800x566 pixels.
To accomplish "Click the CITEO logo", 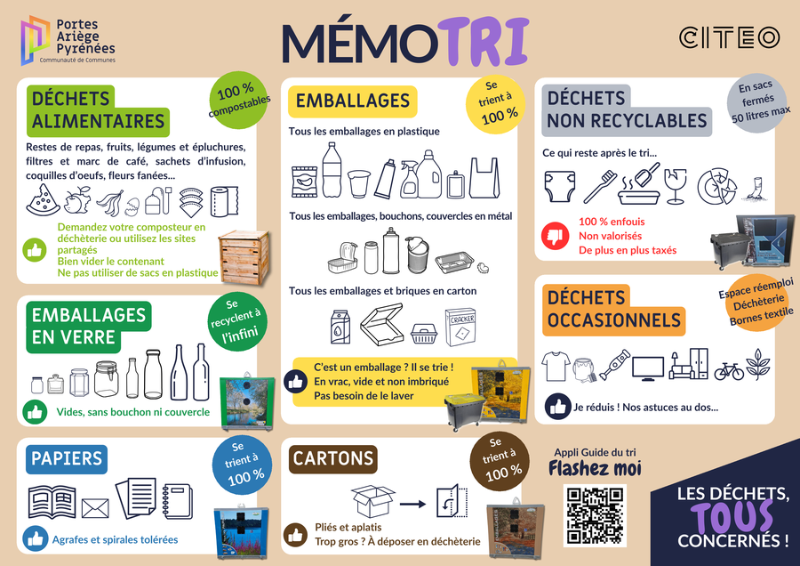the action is [729, 37].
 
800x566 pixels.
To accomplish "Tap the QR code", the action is [595, 515].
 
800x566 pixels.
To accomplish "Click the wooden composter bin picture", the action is [244, 257].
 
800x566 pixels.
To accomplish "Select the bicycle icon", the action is [729, 370].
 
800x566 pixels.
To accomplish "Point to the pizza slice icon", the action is [43, 199].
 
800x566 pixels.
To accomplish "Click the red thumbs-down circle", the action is [555, 236].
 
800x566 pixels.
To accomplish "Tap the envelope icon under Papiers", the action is [95, 508].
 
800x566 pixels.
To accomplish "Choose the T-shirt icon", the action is [556, 365].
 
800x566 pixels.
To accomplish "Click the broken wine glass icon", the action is [675, 186].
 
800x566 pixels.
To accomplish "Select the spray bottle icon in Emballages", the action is [409, 180].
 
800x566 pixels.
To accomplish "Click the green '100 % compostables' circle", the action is [238, 101].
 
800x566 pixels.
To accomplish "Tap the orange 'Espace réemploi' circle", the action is [756, 302].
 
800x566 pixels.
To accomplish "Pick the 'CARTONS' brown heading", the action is [333, 458].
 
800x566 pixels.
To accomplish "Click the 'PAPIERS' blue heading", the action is [67, 458].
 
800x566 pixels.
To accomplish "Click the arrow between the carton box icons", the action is [412, 505].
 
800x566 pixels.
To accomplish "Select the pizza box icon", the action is [382, 324].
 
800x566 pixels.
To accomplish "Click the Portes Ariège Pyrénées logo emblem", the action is [35, 40].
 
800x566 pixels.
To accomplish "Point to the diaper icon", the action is [560, 187].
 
